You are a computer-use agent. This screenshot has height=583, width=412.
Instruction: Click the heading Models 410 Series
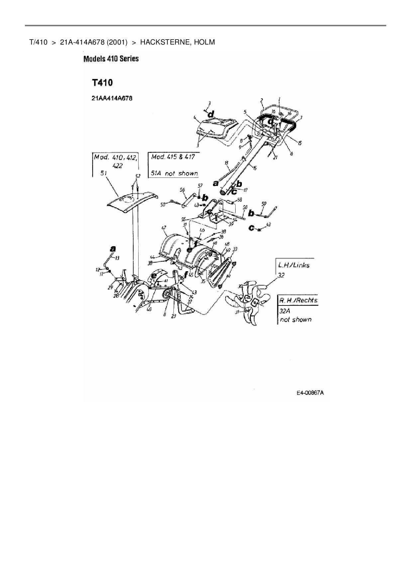[111, 59]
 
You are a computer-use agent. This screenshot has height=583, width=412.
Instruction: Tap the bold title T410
[102, 83]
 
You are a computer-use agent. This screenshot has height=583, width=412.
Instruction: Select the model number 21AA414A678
[112, 98]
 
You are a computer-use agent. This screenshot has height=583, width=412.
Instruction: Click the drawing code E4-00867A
[310, 393]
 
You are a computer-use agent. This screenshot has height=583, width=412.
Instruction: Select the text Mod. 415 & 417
[173, 157]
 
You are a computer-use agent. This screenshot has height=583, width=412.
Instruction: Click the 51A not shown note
[174, 173]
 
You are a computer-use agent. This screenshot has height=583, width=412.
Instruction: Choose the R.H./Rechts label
[298, 300]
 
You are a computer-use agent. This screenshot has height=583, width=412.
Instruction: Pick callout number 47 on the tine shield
[164, 228]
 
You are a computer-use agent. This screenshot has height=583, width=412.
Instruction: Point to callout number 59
[264, 203]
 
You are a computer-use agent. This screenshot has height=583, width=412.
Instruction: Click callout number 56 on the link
[182, 189]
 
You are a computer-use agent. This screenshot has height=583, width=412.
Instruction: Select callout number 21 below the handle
[275, 158]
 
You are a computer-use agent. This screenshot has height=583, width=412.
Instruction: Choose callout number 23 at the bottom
[173, 316]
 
